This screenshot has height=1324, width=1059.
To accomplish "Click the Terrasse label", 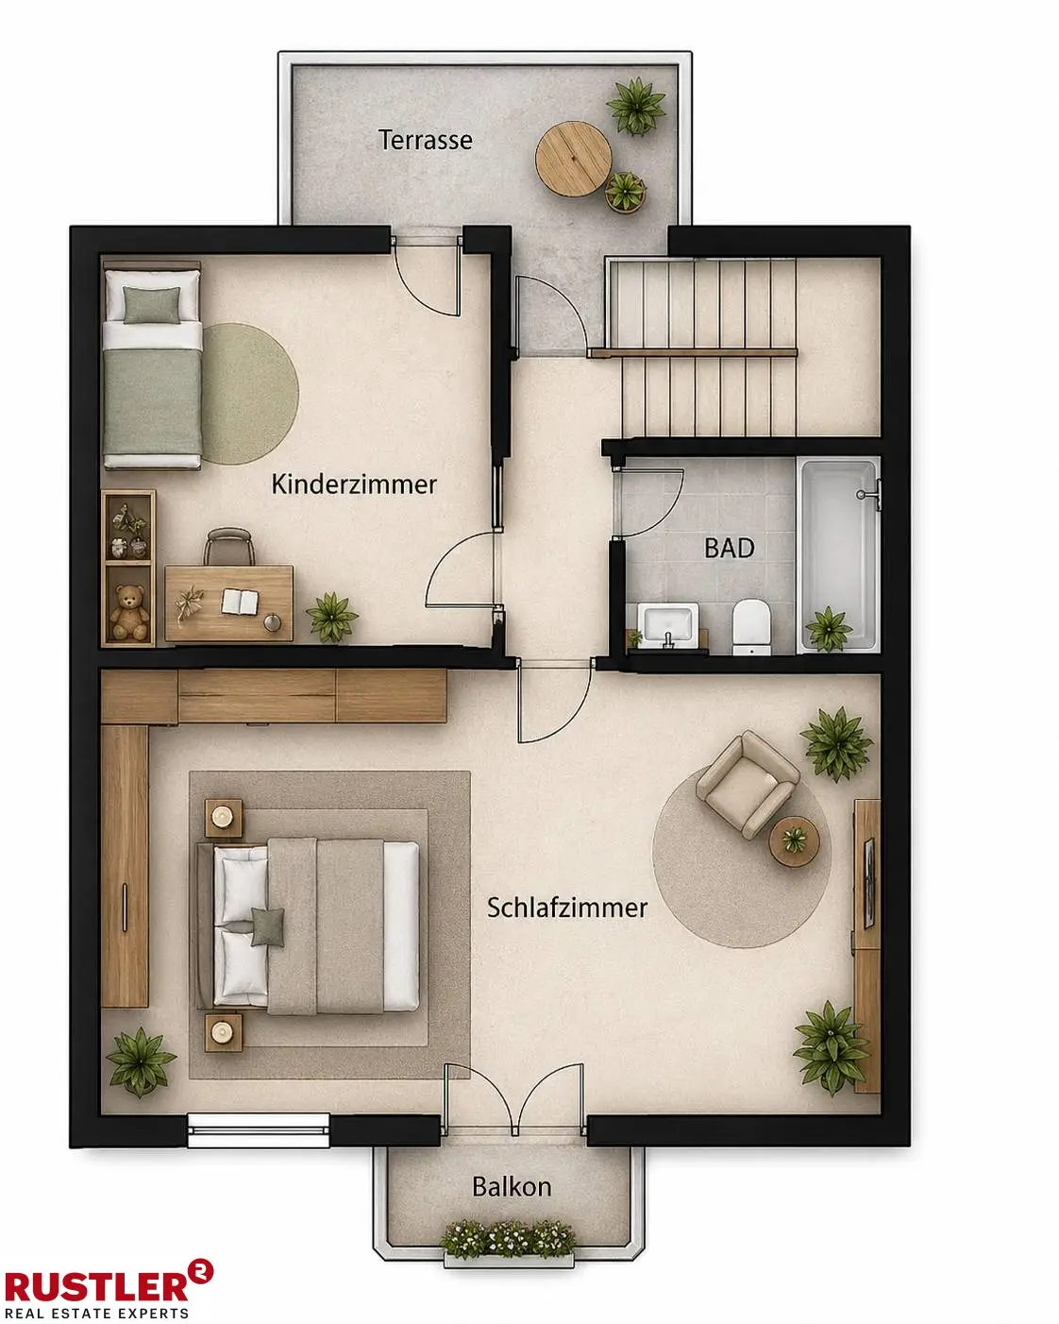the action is coord(425,140).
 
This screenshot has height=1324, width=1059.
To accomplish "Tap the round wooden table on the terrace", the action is coord(573,159).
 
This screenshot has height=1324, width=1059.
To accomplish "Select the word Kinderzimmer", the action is coord(354,484).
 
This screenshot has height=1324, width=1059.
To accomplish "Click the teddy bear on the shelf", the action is coord(129,611).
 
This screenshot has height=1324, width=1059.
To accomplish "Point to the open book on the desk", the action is coord(239,602).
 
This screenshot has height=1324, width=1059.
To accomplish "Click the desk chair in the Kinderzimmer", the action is coord(228,547).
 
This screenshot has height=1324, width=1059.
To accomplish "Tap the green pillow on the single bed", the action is coord(152,304).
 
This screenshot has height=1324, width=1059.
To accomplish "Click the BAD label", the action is coord(729,548).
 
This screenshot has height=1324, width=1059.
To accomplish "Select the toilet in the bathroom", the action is coord(751,626).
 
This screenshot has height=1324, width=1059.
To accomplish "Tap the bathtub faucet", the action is coord(869,494).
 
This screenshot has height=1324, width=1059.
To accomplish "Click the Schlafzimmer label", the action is coord(567,908).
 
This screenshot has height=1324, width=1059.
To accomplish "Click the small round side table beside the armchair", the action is coord(795,841).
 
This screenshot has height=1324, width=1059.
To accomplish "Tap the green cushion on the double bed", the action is coord(267,926).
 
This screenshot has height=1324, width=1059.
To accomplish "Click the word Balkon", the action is coord(512,1187).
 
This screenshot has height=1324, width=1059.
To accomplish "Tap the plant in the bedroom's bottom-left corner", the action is coord(141,1061).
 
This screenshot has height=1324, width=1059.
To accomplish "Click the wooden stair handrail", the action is coord(693,353).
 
